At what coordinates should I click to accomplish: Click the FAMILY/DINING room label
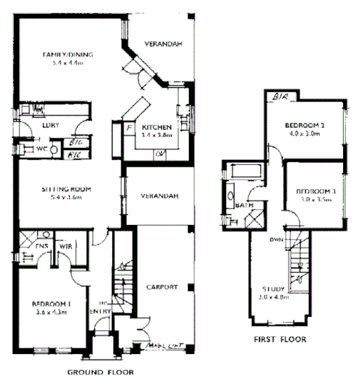pos(68,55)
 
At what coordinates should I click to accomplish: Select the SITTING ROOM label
pos(69,189)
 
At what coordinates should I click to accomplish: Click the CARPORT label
pos(162,287)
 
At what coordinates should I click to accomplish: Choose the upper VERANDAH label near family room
pos(164,44)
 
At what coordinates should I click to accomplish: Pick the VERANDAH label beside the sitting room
pos(158,196)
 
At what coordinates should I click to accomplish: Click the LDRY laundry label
pos(49,125)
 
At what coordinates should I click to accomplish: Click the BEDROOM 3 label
pos(314,191)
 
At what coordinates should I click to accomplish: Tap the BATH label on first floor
pos(246,205)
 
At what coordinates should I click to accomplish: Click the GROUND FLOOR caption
pos(100,372)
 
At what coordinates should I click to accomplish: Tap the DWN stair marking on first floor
pos(276,239)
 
